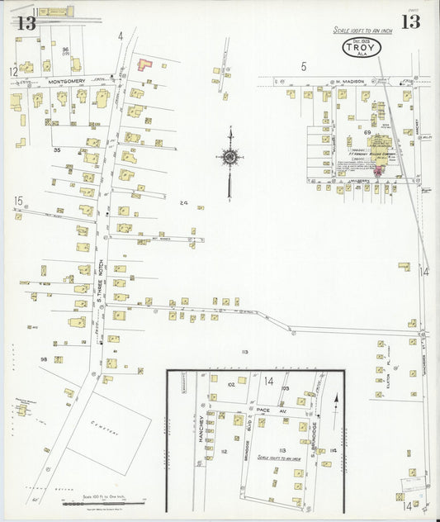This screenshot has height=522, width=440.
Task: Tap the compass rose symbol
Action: [229, 156]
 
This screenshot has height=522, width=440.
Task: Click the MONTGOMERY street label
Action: [67, 81]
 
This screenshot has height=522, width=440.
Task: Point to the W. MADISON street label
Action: [349, 81]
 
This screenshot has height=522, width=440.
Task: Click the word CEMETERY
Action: [106, 430]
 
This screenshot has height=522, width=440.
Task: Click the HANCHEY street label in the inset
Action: [201, 436]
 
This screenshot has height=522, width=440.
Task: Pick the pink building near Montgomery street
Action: [144, 63]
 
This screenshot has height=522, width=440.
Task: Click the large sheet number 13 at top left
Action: [26, 22]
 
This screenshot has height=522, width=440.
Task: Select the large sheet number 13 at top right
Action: [409, 21]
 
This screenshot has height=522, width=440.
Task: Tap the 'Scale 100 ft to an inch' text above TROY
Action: [363, 30]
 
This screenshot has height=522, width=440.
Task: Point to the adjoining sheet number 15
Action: [18, 201]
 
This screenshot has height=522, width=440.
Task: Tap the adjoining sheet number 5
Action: [304, 66]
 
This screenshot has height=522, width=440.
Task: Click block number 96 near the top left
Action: [64, 50]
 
